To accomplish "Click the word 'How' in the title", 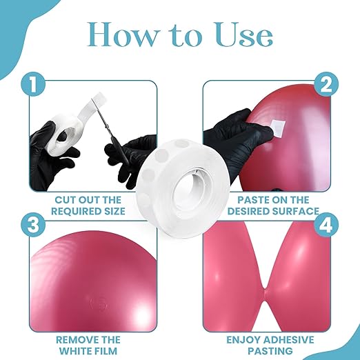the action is (121, 34).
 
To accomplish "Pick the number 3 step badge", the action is (33, 225).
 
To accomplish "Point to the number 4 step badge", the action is (326, 225).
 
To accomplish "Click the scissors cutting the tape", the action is (110, 131).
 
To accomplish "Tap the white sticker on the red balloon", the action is (277, 127).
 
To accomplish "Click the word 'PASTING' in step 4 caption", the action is (270, 351).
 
